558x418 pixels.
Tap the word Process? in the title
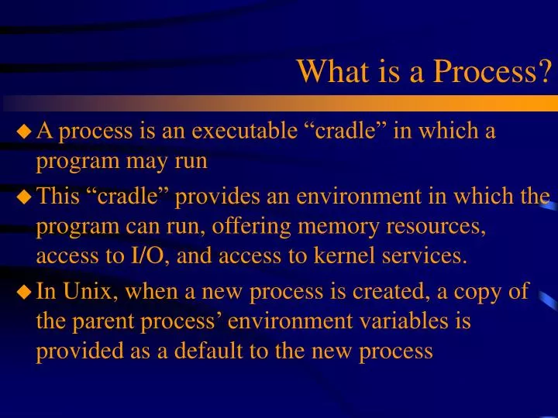click(x=493, y=72)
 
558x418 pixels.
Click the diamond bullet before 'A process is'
click(x=25, y=132)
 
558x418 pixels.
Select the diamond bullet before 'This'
click(x=25, y=198)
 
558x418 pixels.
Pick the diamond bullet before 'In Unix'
click(x=25, y=293)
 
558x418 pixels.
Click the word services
click(x=430, y=256)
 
